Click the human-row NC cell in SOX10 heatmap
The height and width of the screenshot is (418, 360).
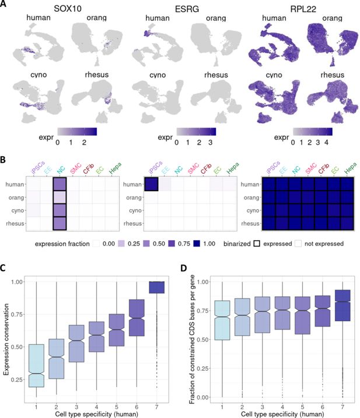pos(61,183)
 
